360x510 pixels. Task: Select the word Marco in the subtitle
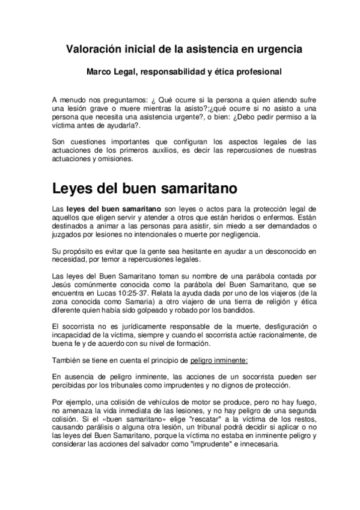(x=99, y=72)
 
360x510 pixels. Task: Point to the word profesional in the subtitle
(x=257, y=72)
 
